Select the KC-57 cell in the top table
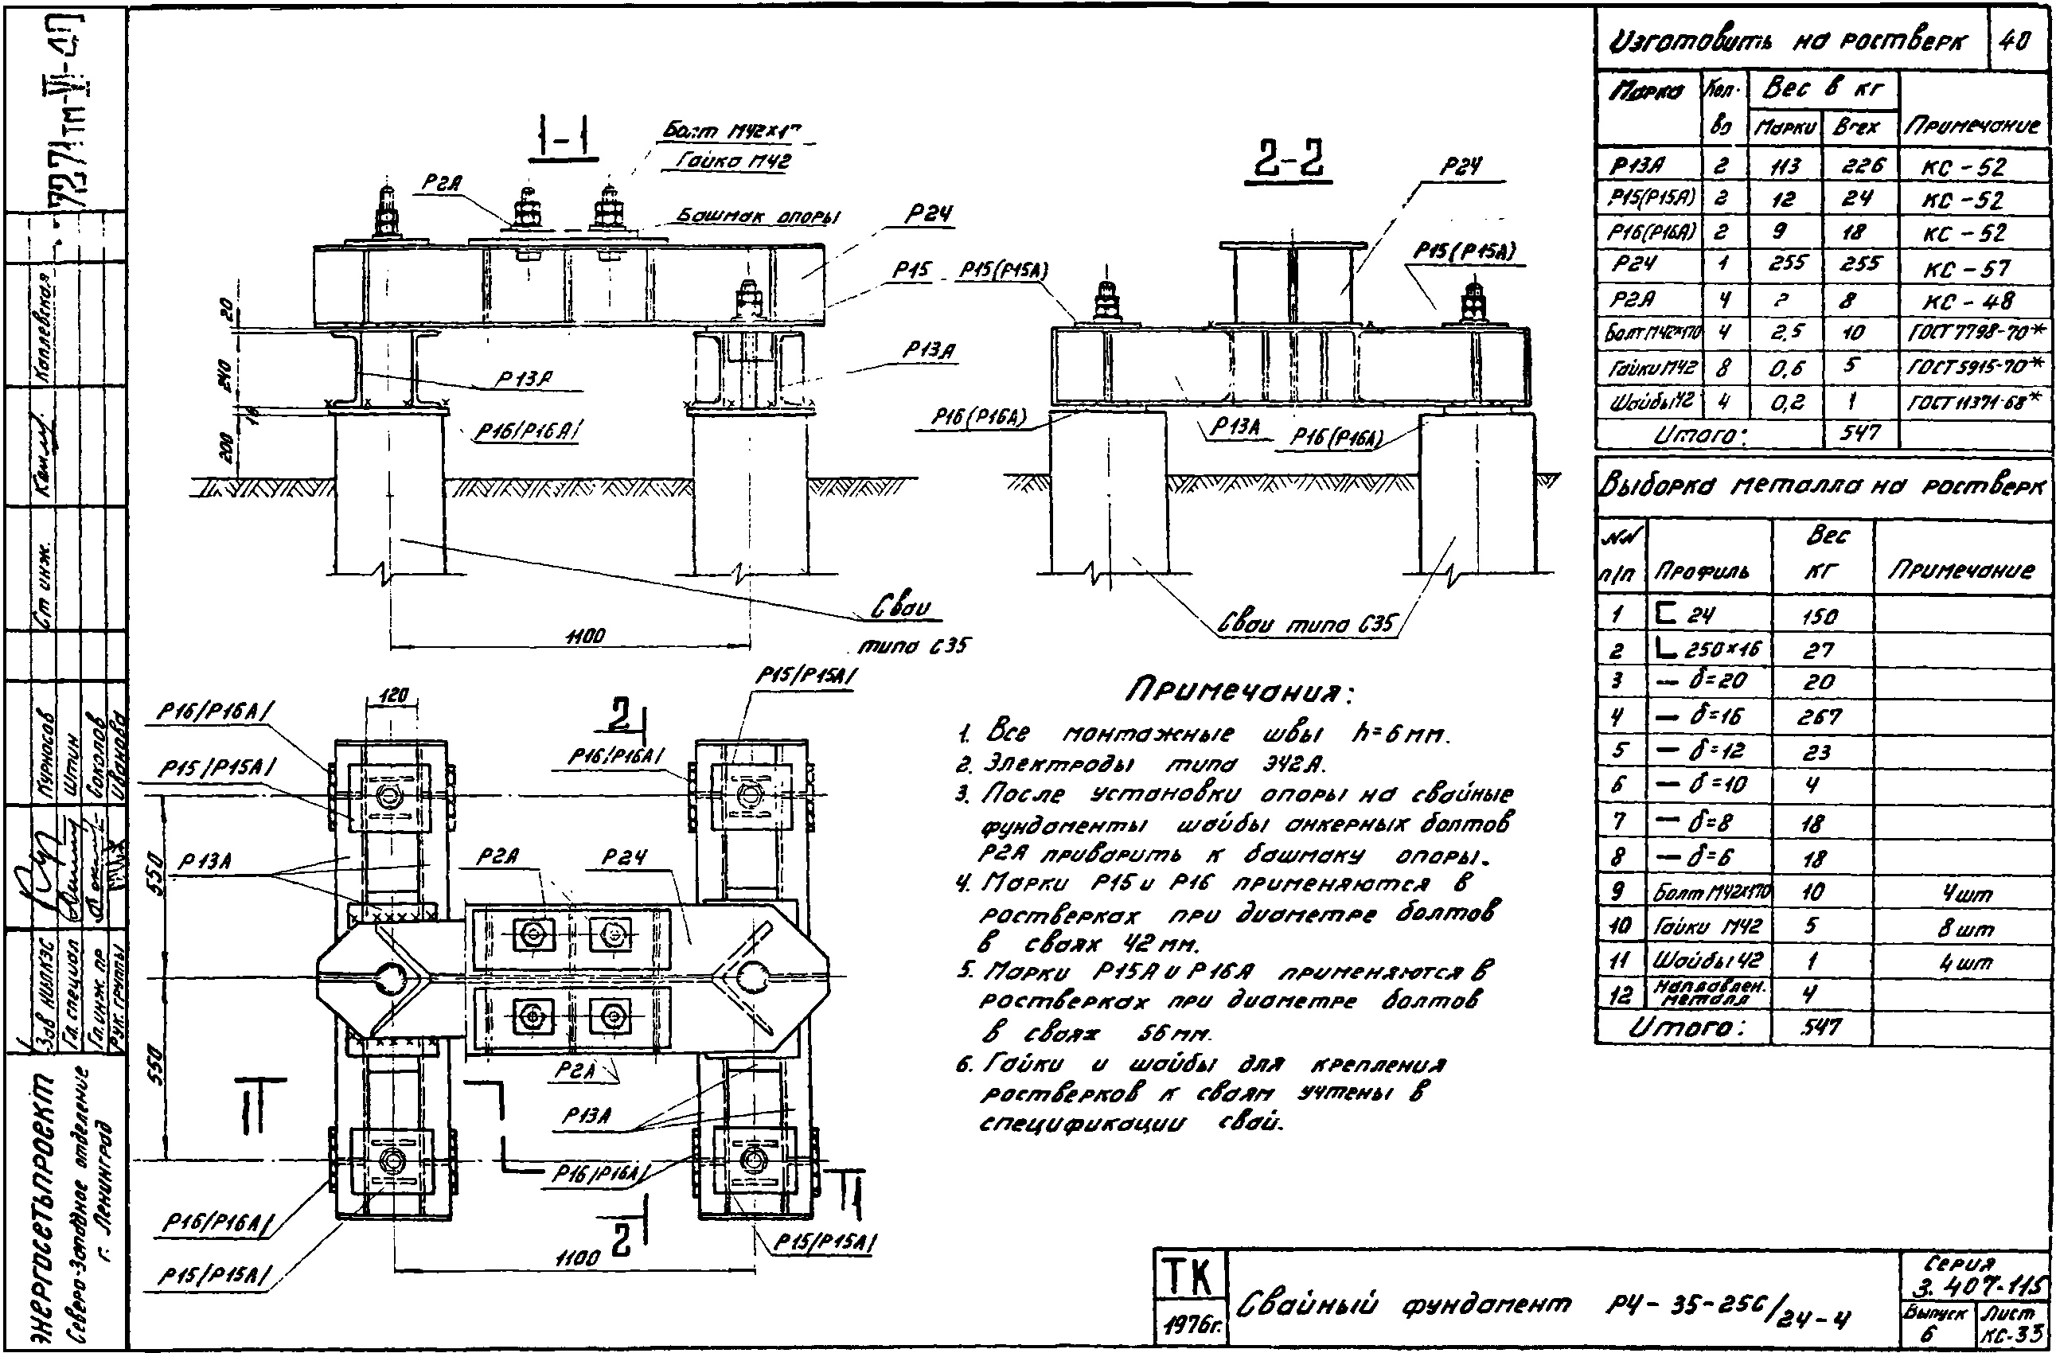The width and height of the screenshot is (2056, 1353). (1976, 269)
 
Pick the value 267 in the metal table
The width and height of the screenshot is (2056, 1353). (1820, 716)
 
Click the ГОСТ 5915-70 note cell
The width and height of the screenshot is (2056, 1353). (1976, 366)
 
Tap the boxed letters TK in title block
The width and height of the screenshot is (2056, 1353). (1188, 1276)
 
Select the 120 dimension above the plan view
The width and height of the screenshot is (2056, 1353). (393, 696)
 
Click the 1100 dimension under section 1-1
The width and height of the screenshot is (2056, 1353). (584, 637)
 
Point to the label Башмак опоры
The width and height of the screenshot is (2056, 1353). (758, 216)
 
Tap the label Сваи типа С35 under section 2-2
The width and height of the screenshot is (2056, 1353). (1306, 623)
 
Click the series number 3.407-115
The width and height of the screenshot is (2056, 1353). (1978, 1287)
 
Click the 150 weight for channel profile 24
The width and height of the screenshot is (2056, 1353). (1820, 616)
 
